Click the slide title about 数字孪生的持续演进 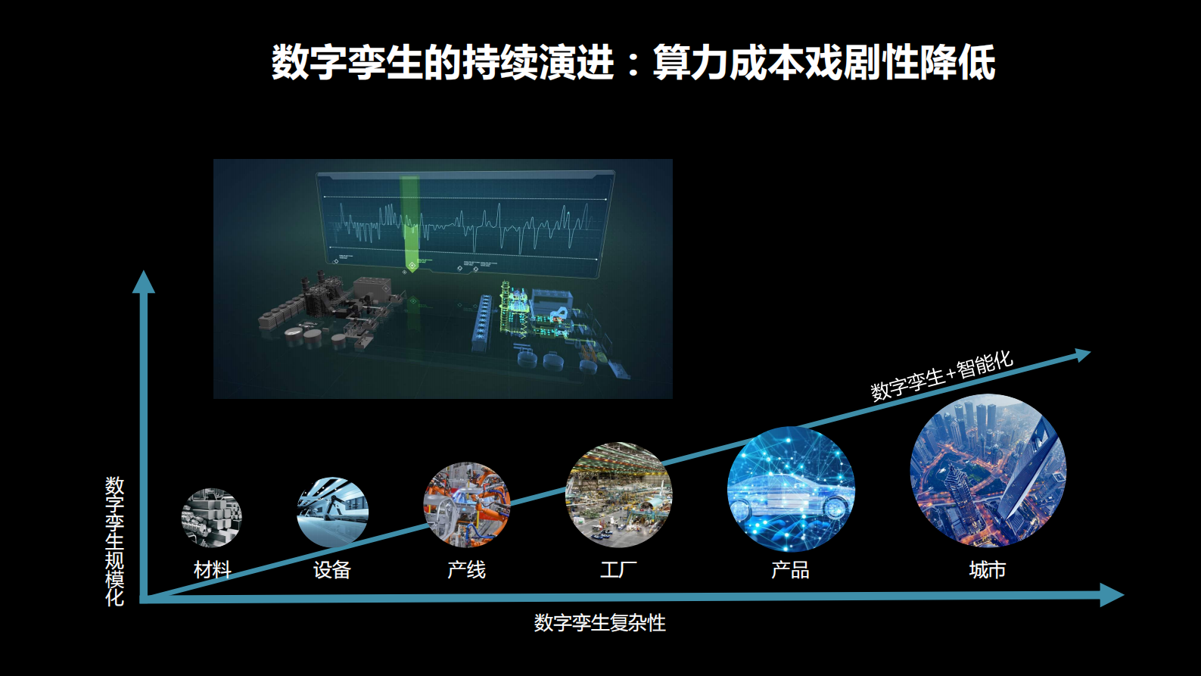pos(633,62)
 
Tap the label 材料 pos(213,570)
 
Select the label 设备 pos(332,570)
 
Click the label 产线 pos(466,570)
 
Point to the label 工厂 pos(619,570)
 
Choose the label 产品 pos(790,570)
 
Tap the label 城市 pos(988,570)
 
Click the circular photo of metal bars pos(211,518)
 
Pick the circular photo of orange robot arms pos(466,505)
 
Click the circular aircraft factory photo pos(619,494)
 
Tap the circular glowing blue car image pos(791,489)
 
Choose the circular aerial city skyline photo pos(988,471)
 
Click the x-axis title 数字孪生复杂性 pos(599,623)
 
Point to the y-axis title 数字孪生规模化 pos(114,541)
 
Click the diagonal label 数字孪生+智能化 pos(941,375)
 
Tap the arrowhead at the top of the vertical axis pos(144,282)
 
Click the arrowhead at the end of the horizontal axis pos(1112,595)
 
